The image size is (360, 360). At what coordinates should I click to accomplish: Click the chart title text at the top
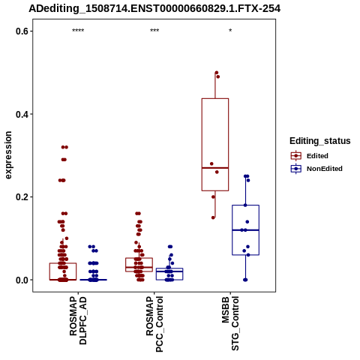pyautogui.click(x=154, y=9)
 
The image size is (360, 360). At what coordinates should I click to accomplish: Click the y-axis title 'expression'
pyautogui.click(x=8, y=155)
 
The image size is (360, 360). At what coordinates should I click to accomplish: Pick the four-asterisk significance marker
pyautogui.click(x=78, y=31)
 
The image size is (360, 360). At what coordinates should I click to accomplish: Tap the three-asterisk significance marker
pyautogui.click(x=154, y=31)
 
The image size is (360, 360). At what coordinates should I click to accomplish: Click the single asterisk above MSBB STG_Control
pyautogui.click(x=230, y=31)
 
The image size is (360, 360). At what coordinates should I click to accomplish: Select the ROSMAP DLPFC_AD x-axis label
pyautogui.click(x=78, y=320)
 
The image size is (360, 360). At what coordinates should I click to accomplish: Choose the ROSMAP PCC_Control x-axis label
pyautogui.click(x=154, y=324)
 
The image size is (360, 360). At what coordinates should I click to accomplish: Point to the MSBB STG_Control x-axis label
pyautogui.click(x=230, y=323)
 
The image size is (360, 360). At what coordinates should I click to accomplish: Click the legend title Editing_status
pyautogui.click(x=320, y=141)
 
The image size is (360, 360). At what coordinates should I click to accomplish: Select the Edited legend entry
pyautogui.click(x=310, y=156)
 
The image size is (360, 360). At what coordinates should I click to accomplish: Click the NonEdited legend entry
pyautogui.click(x=316, y=169)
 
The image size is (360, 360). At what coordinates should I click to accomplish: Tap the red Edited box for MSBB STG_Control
pyautogui.click(x=215, y=145)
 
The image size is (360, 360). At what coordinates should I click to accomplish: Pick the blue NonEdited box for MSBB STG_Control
pyautogui.click(x=245, y=230)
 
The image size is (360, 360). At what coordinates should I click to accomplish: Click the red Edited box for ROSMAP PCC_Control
pyautogui.click(x=139, y=265)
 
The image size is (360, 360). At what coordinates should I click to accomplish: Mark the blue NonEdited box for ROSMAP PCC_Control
pyautogui.click(x=169, y=274)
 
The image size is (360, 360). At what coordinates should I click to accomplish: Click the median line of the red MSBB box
pyautogui.click(x=215, y=168)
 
